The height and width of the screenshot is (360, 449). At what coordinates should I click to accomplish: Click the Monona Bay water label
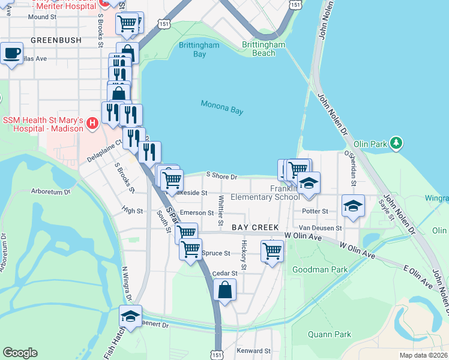tap(221, 107)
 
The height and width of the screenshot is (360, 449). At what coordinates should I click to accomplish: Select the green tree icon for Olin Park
tap(396, 143)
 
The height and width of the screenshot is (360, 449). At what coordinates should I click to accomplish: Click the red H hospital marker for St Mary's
tap(92, 124)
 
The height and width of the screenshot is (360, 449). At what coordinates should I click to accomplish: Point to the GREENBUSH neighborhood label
tap(55, 40)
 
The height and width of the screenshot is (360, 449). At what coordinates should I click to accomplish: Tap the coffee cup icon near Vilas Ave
tap(11, 53)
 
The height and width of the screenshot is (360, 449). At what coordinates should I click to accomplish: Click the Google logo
tap(20, 353)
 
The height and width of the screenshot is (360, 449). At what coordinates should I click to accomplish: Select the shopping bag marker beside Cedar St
tap(224, 290)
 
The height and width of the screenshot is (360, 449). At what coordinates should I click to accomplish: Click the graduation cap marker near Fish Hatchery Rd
tap(130, 316)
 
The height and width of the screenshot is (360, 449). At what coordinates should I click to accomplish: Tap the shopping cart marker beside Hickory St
tap(273, 250)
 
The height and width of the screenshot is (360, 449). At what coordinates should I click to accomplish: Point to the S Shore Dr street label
tap(222, 177)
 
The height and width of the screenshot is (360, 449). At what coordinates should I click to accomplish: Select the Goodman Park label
tap(319, 270)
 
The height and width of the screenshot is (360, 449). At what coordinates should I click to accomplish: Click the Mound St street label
tap(42, 17)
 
